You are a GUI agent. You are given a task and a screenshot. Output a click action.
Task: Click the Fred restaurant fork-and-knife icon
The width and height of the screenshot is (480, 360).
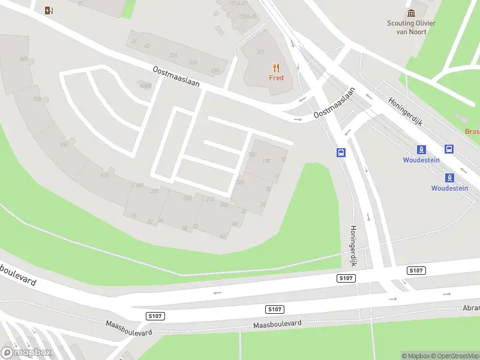[276, 67]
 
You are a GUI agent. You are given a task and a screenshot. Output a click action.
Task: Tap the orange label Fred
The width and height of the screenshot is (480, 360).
[276, 78]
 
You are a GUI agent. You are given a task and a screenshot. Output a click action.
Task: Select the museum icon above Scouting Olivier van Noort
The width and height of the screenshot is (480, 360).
[411, 13]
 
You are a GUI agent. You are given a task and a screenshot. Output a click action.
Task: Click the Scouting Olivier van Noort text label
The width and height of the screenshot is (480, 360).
[411, 28]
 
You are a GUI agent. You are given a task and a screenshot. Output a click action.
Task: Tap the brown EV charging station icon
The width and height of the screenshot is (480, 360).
[49, 10]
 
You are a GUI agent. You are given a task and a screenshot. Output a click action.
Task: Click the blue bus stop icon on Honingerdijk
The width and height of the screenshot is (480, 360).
[341, 152]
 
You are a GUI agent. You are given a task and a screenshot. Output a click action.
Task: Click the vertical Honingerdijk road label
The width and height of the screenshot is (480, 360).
[353, 246]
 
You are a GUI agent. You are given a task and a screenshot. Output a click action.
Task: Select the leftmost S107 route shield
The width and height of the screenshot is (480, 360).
[155, 316]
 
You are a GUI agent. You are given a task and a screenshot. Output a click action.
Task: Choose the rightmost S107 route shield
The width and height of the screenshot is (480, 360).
[416, 271]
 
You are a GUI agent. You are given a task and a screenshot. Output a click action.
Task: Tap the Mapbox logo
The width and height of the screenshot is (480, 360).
[26, 353]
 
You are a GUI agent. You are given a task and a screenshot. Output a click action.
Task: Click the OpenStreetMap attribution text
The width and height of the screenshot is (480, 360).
[457, 356]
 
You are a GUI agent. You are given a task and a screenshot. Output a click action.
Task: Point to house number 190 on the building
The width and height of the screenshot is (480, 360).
[266, 161]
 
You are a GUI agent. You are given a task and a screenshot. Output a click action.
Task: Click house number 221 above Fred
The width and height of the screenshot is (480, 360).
[260, 52]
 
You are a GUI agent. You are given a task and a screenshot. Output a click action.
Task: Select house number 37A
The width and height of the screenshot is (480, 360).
[173, 55]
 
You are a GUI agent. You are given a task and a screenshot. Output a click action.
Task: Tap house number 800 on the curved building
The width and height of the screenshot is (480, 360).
[24, 59]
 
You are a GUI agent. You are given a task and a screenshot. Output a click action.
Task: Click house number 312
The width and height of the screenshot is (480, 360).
[210, 199]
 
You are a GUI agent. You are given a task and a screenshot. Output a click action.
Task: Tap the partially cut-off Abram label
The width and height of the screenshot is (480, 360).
[470, 307]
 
